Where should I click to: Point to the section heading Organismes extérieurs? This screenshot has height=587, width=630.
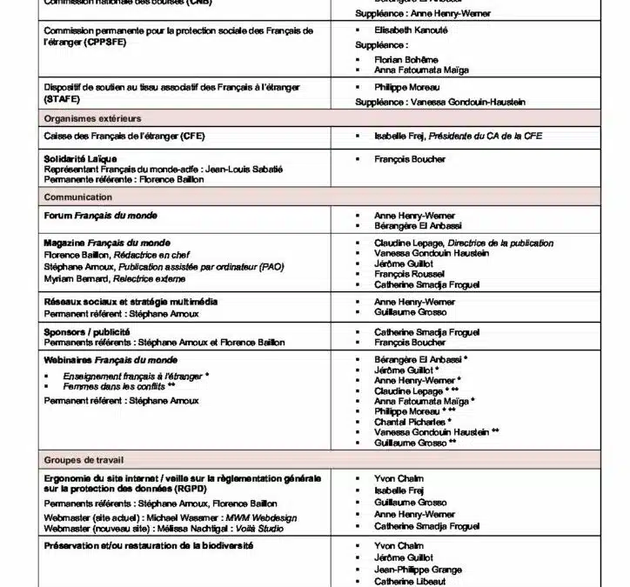93,118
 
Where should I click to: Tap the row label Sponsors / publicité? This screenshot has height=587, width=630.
87,332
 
